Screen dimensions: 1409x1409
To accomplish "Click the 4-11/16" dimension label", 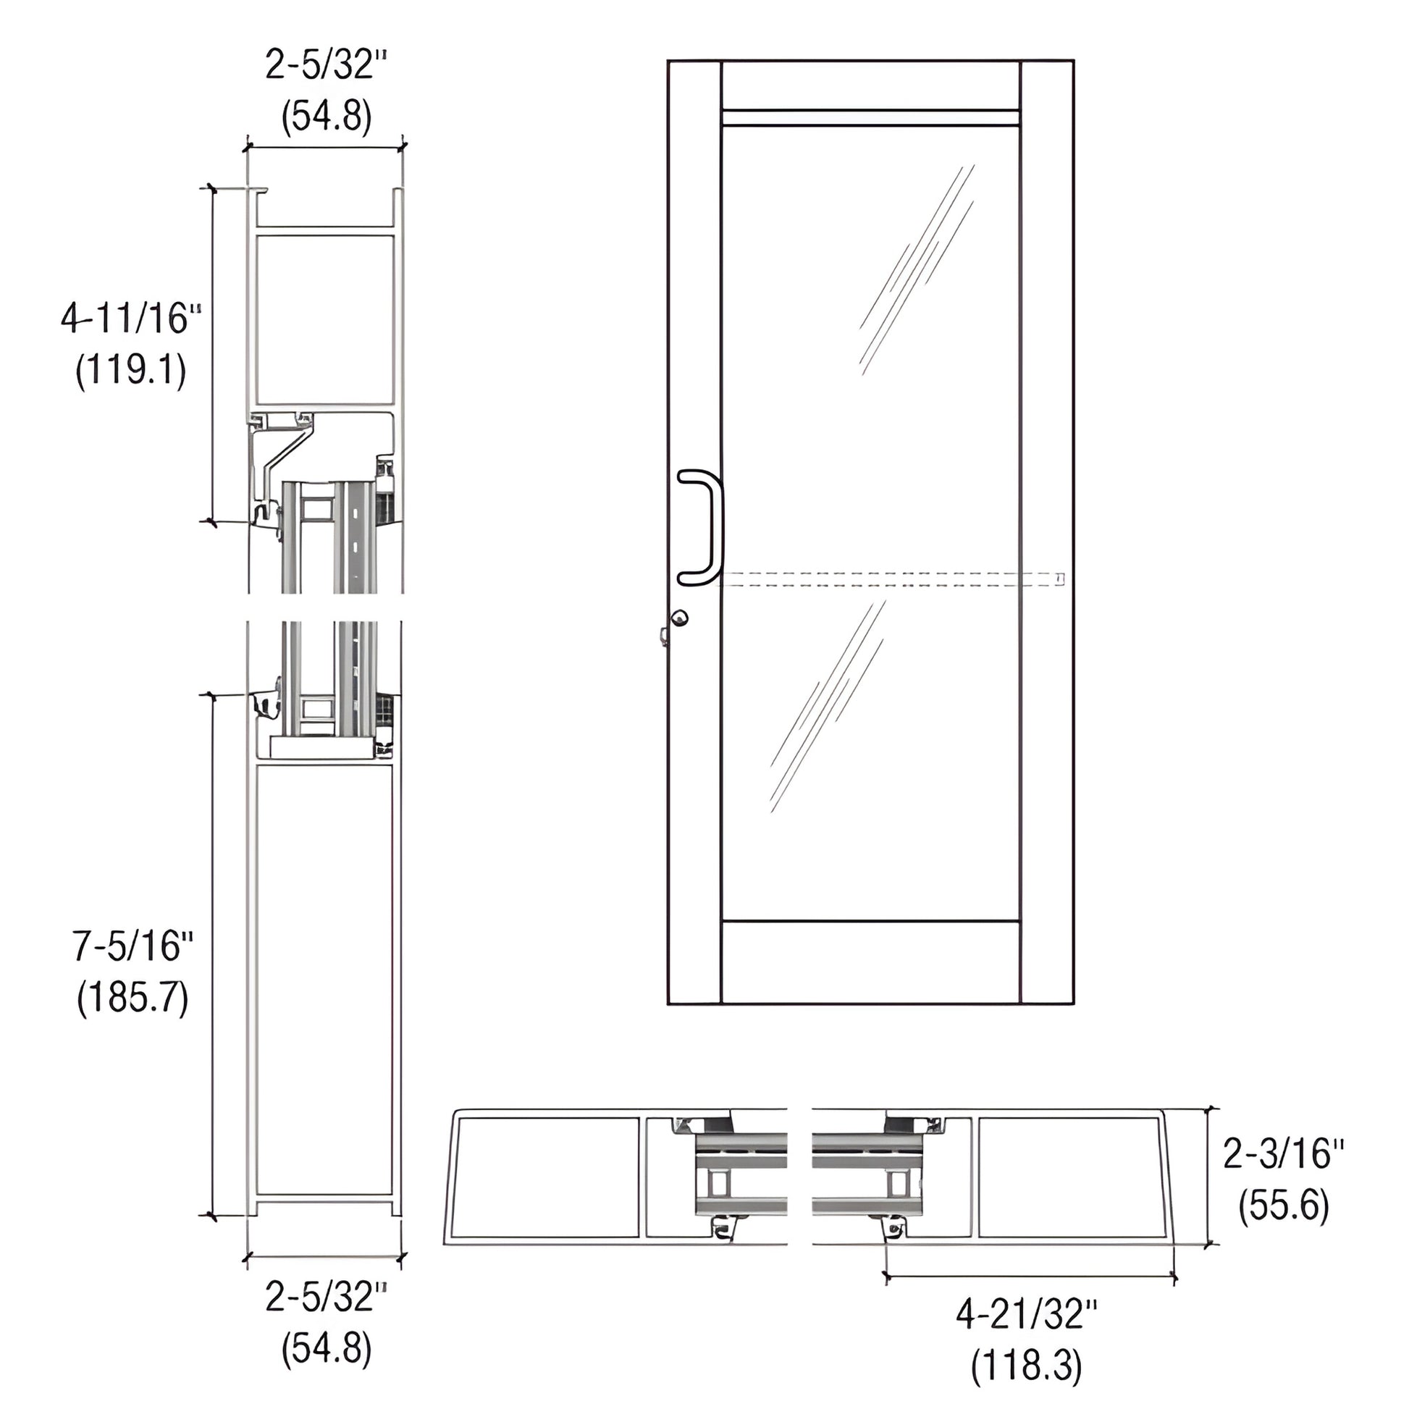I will coord(130,319).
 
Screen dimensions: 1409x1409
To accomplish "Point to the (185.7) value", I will coord(133,997).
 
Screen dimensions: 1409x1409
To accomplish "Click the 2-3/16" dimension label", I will coord(1283,1153).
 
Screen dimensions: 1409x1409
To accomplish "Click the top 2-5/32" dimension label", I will coord(325,66).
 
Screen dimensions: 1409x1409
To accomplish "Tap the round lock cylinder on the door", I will coord(680,618).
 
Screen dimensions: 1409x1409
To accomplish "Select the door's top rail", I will coord(870,85).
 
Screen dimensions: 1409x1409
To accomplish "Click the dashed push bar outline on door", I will coord(890,579).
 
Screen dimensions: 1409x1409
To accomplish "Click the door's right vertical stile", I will coord(1046,532).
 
